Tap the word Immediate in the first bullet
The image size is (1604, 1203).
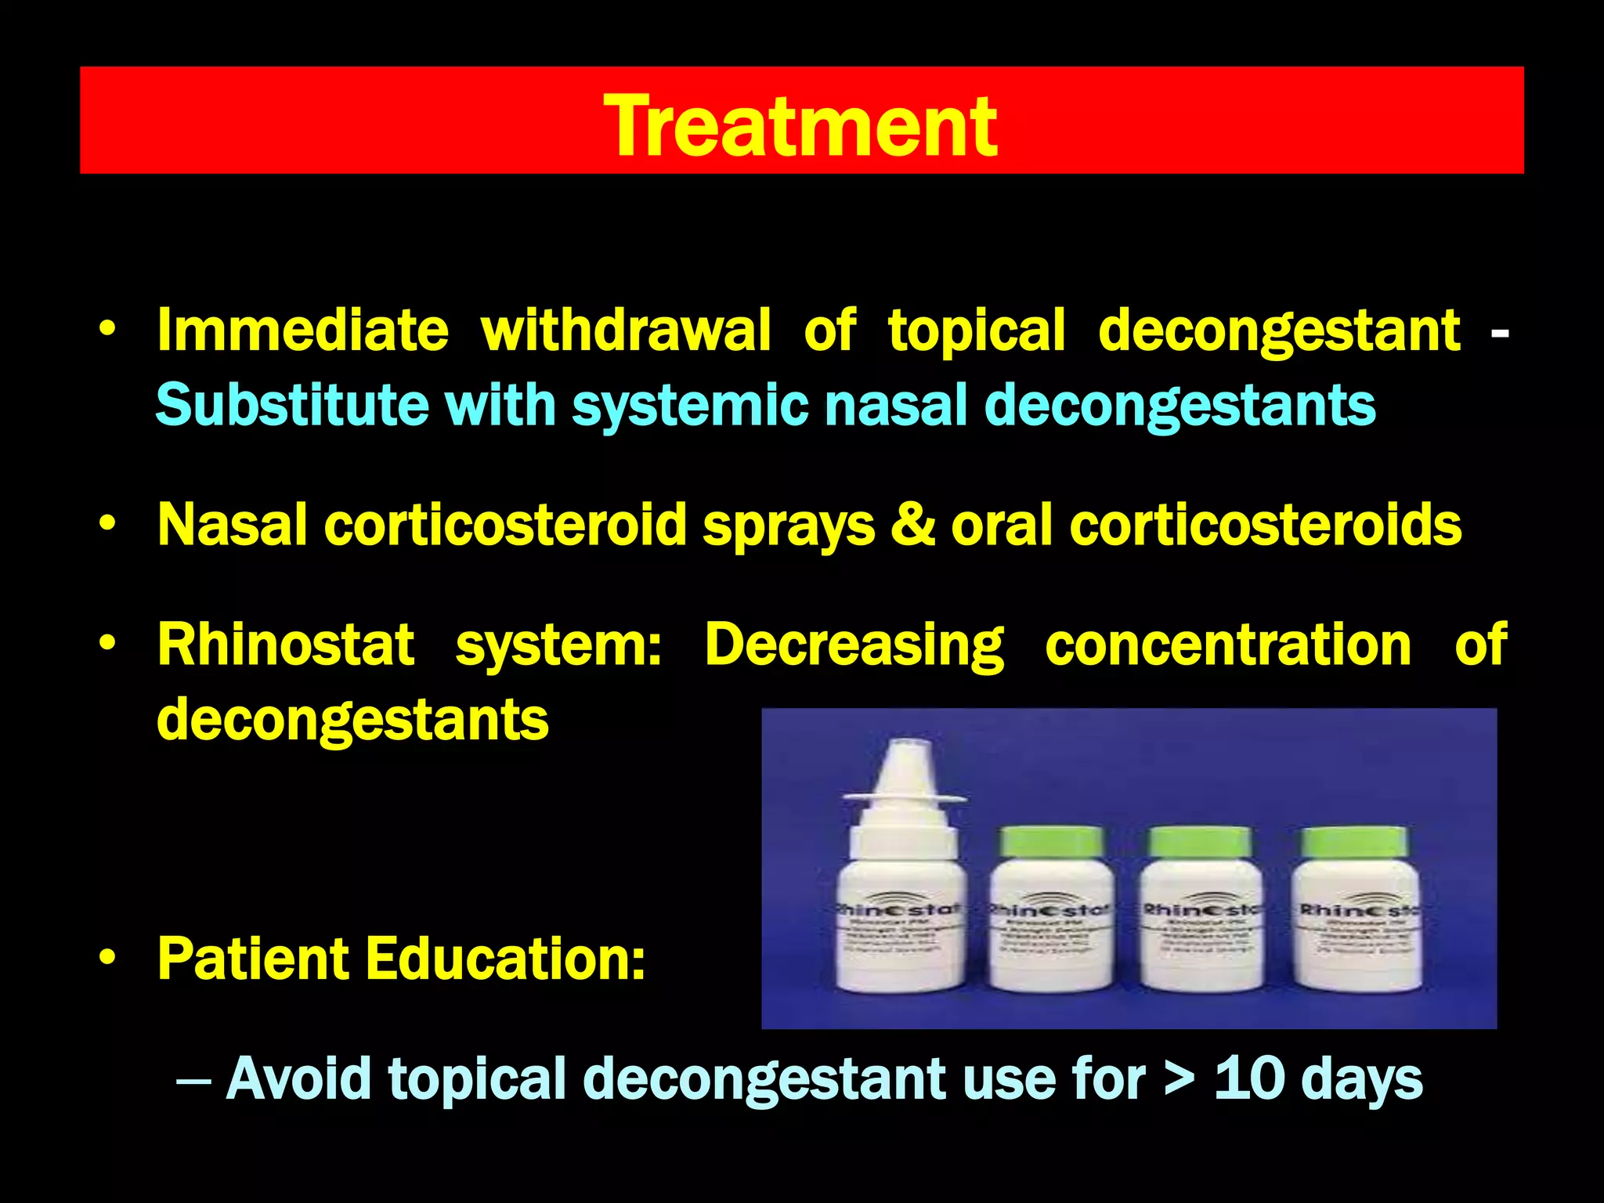coord(302,331)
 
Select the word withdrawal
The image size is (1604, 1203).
coord(626,331)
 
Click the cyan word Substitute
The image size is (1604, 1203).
coord(291,405)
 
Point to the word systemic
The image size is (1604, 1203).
coord(690,406)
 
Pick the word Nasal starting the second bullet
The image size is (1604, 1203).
coord(232,524)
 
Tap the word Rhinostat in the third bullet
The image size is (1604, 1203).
coord(286,645)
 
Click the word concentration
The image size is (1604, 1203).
coord(1228,645)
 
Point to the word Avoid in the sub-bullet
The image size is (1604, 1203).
coord(298,1078)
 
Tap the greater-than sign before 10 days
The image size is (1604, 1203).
coord(1180,1078)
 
